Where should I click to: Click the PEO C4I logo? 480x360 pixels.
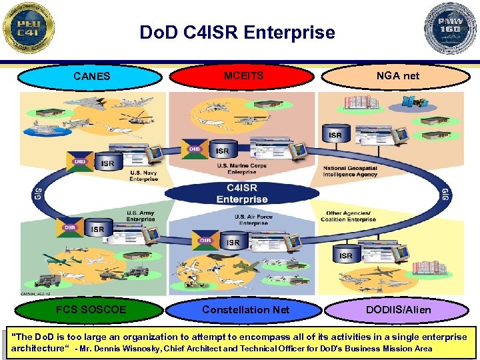[28, 28]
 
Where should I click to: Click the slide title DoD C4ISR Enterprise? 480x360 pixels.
[237, 32]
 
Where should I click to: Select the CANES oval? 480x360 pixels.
[91, 77]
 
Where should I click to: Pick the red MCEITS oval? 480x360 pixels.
[243, 76]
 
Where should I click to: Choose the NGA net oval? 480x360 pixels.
[397, 76]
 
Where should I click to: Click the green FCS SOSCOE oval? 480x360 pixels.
[91, 310]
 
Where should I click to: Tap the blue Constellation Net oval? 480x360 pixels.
[245, 310]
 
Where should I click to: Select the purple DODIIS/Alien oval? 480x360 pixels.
[399, 310]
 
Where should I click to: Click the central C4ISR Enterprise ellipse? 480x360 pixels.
[241, 193]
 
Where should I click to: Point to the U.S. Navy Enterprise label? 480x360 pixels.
[144, 176]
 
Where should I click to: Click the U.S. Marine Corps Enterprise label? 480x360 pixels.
[241, 169]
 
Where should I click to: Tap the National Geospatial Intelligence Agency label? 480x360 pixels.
[351, 171]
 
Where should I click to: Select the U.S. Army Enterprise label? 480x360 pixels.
[141, 217]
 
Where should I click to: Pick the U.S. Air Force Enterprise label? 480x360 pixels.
[255, 220]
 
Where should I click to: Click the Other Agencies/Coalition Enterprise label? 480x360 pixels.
[348, 217]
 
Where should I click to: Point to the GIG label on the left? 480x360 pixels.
[35, 194]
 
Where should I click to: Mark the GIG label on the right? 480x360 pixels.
[445, 194]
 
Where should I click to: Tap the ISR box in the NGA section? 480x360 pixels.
[335, 135]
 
